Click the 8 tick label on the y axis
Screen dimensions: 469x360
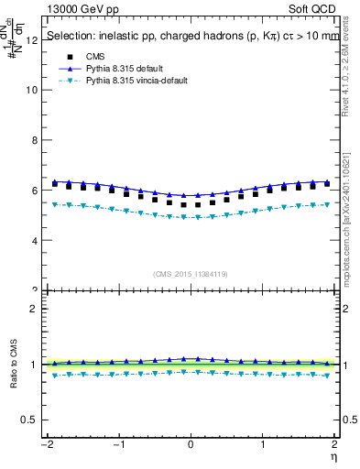click(34, 140)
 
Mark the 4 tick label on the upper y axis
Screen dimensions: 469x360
click(34, 240)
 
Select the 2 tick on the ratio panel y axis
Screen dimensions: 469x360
click(34, 309)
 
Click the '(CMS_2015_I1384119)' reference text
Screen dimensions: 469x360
click(191, 273)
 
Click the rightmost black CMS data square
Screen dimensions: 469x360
click(327, 183)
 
